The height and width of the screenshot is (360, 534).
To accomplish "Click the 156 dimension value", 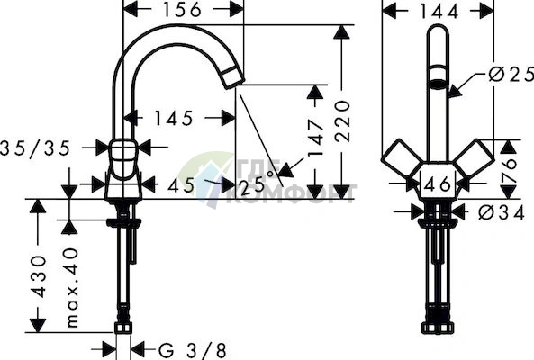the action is [182, 10].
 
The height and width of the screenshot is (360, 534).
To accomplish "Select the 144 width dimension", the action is [439, 12].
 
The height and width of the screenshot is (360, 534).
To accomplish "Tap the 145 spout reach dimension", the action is [173, 119].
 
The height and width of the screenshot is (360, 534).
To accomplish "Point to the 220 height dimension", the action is [342, 121].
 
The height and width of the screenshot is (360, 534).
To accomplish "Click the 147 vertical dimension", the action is [315, 138].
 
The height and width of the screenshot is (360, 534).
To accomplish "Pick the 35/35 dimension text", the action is [35, 148].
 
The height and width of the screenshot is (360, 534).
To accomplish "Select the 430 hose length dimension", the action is [39, 276].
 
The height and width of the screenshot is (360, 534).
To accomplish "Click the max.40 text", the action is [72, 288].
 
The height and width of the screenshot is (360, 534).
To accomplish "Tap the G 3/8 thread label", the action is [193, 350].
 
